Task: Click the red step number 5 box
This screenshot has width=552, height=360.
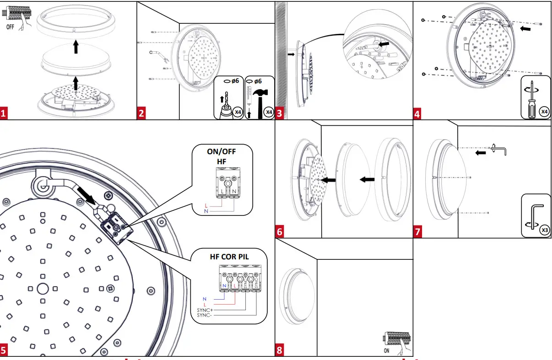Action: (x=4, y=350)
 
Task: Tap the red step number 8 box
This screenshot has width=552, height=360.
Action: (x=280, y=350)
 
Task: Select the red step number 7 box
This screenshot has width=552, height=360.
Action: (x=418, y=232)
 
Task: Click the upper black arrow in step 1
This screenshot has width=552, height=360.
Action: (x=76, y=47)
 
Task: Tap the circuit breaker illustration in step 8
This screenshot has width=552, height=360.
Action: (x=397, y=341)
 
